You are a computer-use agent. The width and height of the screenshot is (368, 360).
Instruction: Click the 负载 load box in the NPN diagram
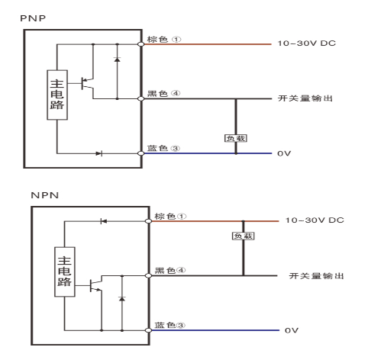coord(242,236)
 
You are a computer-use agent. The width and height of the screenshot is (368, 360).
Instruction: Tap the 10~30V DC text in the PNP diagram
coord(307,44)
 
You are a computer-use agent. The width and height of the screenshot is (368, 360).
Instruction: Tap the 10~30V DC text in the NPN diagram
coord(314,220)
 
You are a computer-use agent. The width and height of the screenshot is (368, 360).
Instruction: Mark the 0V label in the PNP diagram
coord(284,153)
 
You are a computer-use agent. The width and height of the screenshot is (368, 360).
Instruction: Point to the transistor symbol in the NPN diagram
coord(95,286)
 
